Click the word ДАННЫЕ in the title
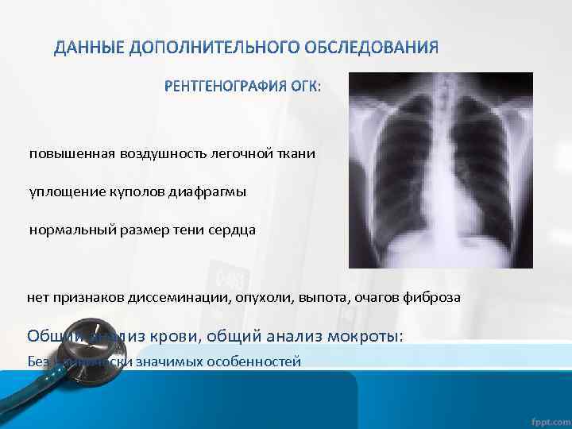click(85, 48)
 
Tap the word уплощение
click(61, 191)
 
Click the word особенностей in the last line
click(261, 361)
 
